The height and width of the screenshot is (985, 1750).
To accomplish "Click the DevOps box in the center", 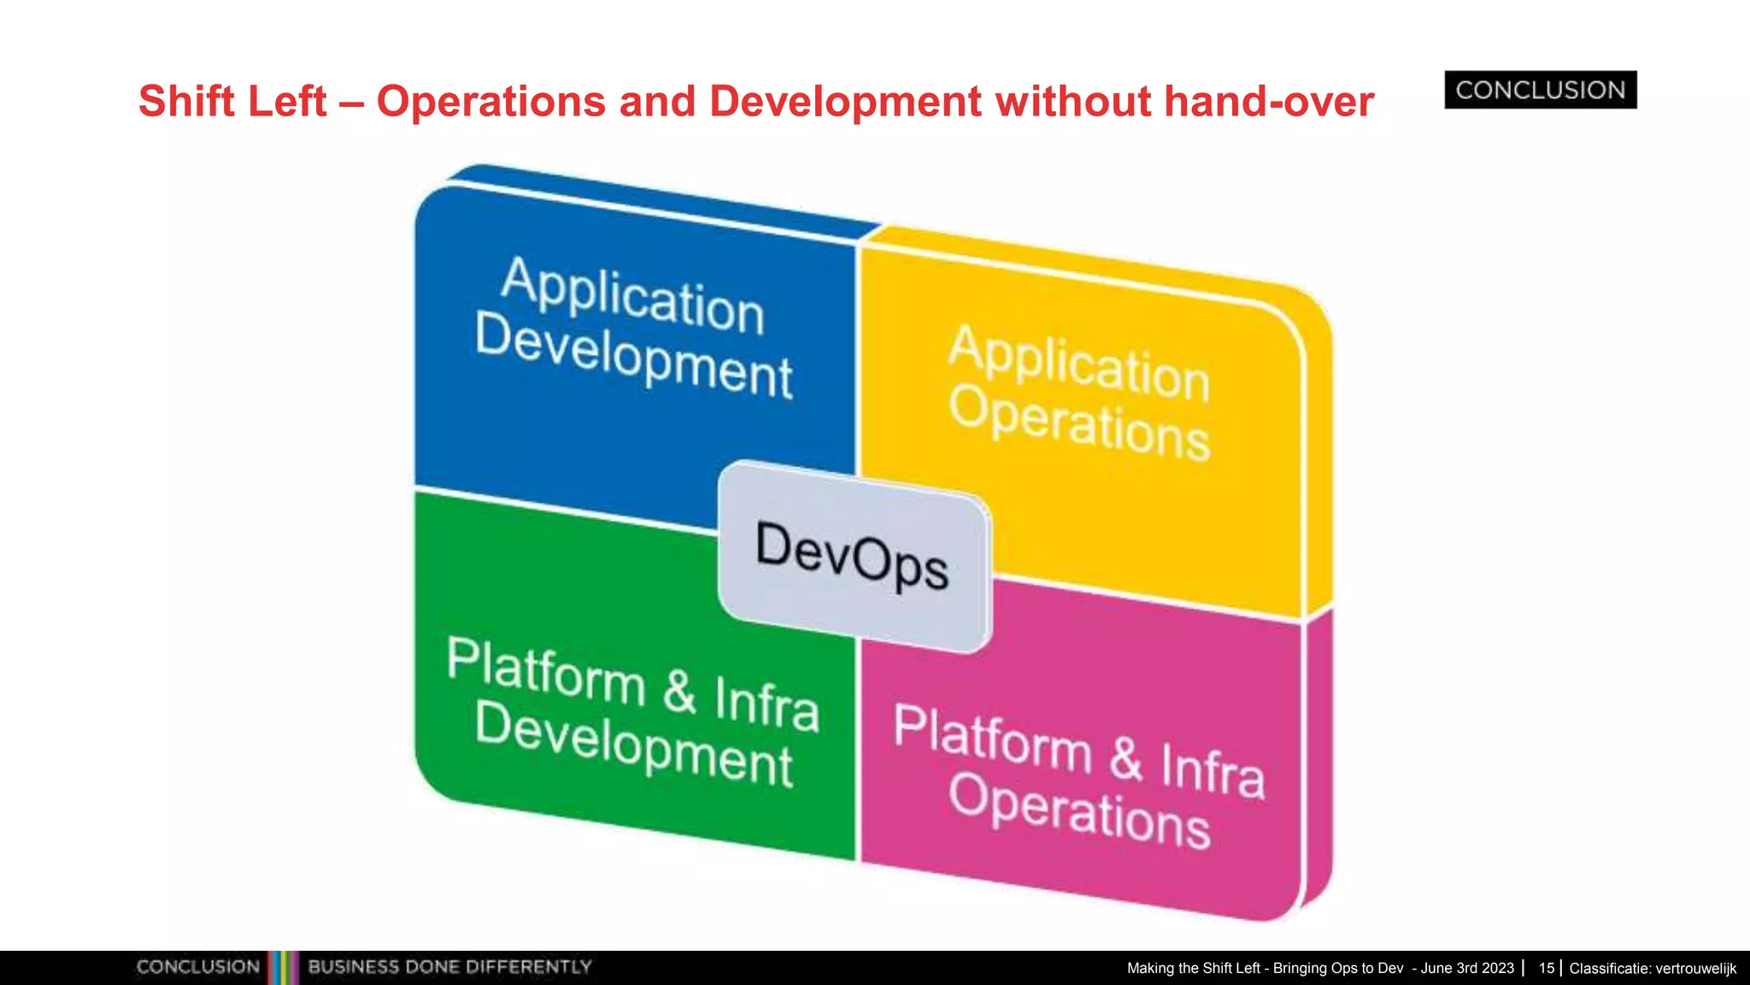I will point(854,556).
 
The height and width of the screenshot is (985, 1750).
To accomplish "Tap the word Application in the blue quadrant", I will point(632,296).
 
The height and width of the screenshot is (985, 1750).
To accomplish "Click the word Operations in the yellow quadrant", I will point(1079,422).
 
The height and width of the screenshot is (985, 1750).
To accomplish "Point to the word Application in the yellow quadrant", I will point(1078,363).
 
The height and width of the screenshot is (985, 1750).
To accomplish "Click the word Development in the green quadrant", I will point(633,745).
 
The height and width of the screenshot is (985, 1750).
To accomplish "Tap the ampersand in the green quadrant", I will point(679,691).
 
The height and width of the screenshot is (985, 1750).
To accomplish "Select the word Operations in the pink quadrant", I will point(1079,810).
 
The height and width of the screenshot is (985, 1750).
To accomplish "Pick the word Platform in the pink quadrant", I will point(992,739).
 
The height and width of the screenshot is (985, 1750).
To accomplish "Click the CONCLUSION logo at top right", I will point(1540,90).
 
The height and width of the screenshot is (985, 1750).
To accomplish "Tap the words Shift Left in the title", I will point(232,102).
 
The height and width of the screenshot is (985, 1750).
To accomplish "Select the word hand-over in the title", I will point(1269,102).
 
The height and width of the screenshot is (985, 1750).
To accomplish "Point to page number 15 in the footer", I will point(1546,968).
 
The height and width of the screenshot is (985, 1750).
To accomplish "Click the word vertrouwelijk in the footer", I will point(1695,968).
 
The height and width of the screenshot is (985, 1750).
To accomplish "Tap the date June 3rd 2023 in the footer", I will point(1467,968).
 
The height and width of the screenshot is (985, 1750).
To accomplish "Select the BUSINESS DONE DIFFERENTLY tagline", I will point(449,967).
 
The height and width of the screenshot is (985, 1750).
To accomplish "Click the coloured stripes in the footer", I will point(283,967).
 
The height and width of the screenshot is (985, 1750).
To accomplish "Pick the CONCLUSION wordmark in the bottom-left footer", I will point(197,967).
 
